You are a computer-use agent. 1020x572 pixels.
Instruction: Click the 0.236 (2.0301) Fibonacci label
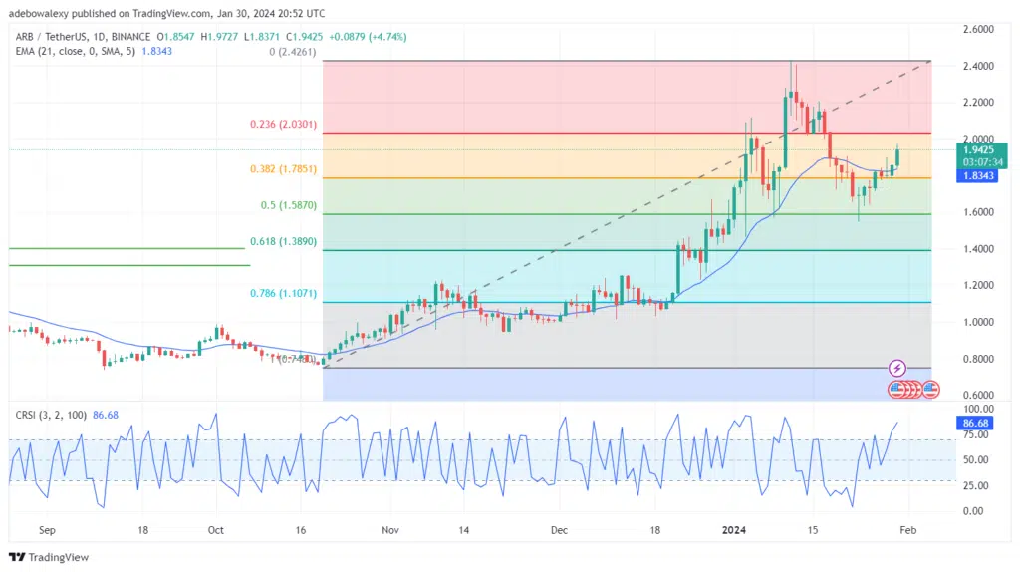(x=283, y=125)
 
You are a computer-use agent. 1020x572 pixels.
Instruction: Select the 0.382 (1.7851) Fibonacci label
(x=283, y=169)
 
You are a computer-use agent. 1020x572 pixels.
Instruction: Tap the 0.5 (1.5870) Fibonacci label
(x=288, y=205)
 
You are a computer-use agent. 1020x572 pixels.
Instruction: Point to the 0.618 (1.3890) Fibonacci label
(x=283, y=241)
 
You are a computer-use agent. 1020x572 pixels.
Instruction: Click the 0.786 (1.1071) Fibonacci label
(x=283, y=296)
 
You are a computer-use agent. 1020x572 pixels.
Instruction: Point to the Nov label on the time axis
(x=390, y=532)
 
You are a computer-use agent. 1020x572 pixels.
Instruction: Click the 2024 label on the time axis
(x=737, y=532)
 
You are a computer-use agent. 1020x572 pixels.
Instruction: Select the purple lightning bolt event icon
(x=896, y=369)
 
